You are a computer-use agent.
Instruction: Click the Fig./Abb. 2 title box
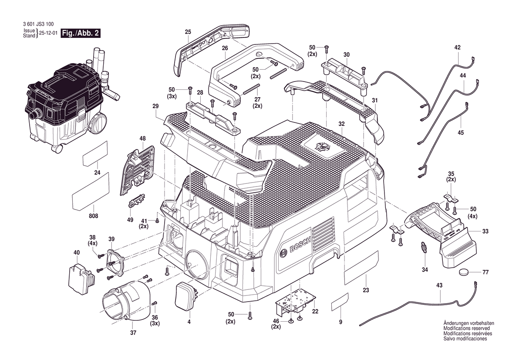click(x=81, y=34)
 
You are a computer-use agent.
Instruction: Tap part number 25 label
click(x=188, y=32)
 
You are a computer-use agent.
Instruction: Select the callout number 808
click(x=94, y=216)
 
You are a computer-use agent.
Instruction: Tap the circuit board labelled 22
click(x=295, y=301)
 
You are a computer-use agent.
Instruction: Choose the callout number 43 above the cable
click(x=439, y=285)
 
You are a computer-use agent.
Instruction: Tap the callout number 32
click(x=341, y=124)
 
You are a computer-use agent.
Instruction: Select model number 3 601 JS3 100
click(x=39, y=24)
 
